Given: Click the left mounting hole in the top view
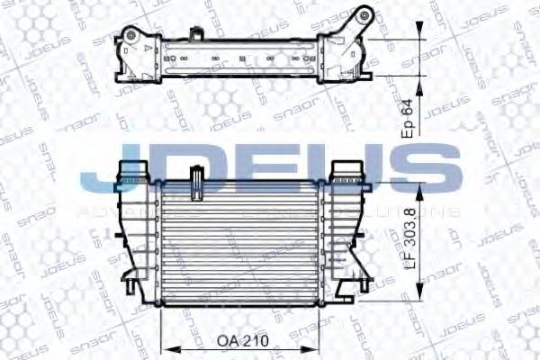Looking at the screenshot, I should [130, 38].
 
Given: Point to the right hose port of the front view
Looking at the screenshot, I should [347, 170].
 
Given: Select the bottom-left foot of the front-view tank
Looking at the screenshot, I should [132, 289].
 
